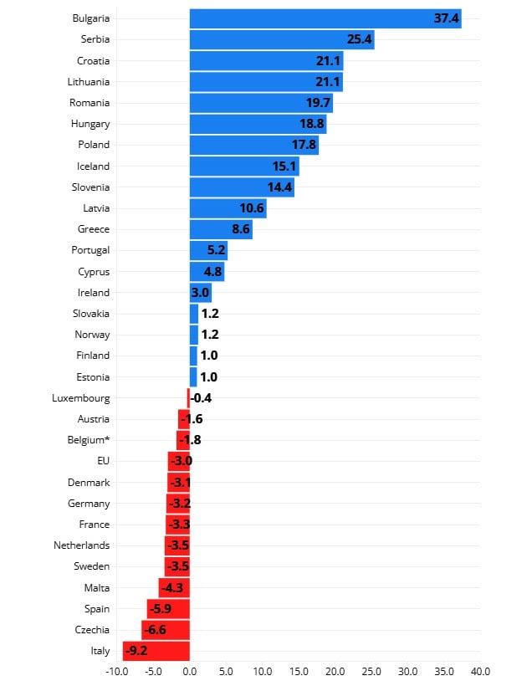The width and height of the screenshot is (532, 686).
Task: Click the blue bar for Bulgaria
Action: click(x=325, y=18)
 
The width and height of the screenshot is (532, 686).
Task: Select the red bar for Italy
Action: click(x=156, y=651)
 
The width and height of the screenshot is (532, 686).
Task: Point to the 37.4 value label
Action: click(x=447, y=18)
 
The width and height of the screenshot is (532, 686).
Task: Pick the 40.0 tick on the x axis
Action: click(x=480, y=671)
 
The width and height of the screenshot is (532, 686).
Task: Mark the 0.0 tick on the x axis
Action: click(x=190, y=671)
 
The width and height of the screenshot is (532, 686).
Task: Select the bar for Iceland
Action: click(x=244, y=166)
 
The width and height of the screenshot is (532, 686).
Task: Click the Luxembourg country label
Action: click(x=80, y=398)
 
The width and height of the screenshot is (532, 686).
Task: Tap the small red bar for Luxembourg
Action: click(x=188, y=398)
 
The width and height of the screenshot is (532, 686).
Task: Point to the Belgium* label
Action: click(x=89, y=440)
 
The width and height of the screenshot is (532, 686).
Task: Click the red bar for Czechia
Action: click(x=166, y=630)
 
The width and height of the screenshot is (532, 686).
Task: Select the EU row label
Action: click(x=104, y=461)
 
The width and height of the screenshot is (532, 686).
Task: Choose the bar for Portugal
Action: click(x=208, y=250)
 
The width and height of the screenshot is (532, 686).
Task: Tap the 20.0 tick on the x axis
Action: click(x=335, y=671)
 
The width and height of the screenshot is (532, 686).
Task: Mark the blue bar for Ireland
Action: click(x=201, y=293)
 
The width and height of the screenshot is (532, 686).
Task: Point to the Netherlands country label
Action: click(x=83, y=545)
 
